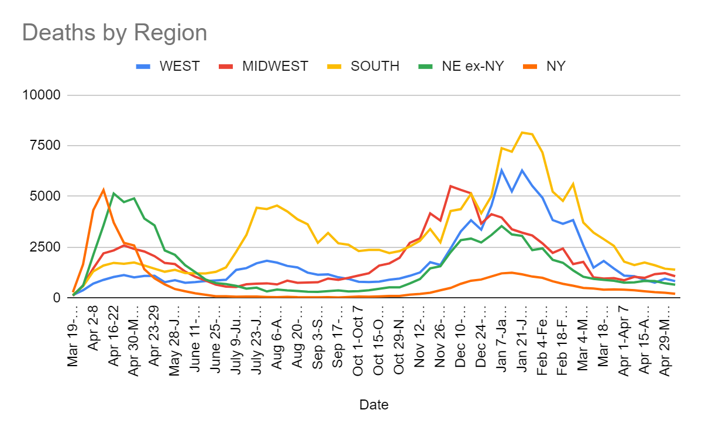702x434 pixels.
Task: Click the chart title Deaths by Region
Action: tap(115, 32)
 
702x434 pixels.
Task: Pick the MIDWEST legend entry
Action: tap(274, 66)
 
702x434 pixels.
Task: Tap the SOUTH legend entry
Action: tap(374, 66)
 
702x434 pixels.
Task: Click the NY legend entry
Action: tap(555, 66)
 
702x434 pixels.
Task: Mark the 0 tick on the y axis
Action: tap(57, 298)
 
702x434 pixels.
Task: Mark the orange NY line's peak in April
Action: tap(104, 190)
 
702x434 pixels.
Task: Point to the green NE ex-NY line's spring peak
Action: tap(114, 193)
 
